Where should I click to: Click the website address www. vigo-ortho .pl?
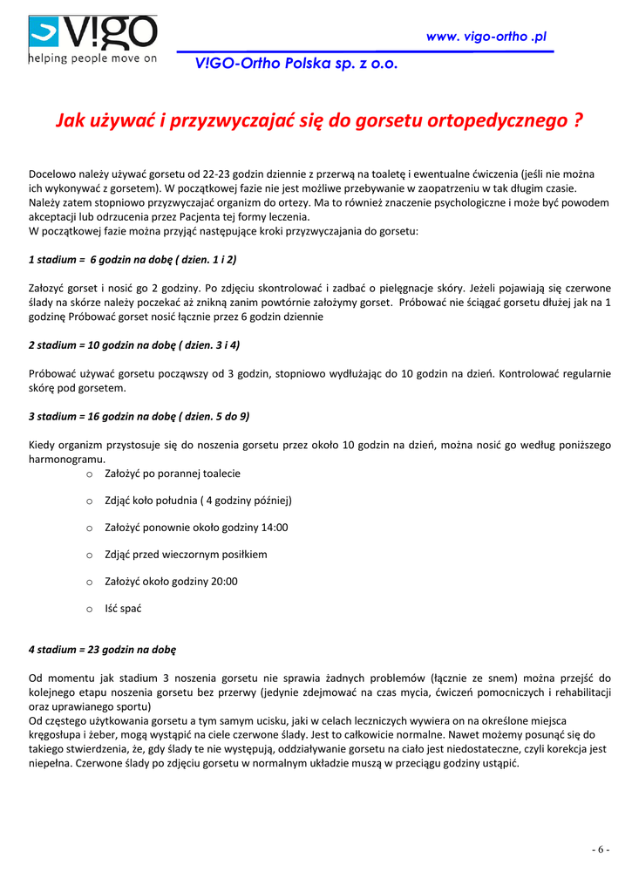tap(486, 37)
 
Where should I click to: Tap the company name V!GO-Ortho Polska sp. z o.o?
tap(288, 64)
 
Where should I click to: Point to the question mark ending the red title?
tap(578, 121)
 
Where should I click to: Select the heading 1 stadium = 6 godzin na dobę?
tap(133, 260)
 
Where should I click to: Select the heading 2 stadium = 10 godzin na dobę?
tap(134, 344)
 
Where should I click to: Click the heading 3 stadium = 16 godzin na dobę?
tap(139, 416)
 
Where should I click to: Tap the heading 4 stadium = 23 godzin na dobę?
tap(103, 649)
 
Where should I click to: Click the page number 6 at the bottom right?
tap(601, 849)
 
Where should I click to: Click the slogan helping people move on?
tap(92, 59)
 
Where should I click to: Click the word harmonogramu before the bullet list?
tap(66, 459)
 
